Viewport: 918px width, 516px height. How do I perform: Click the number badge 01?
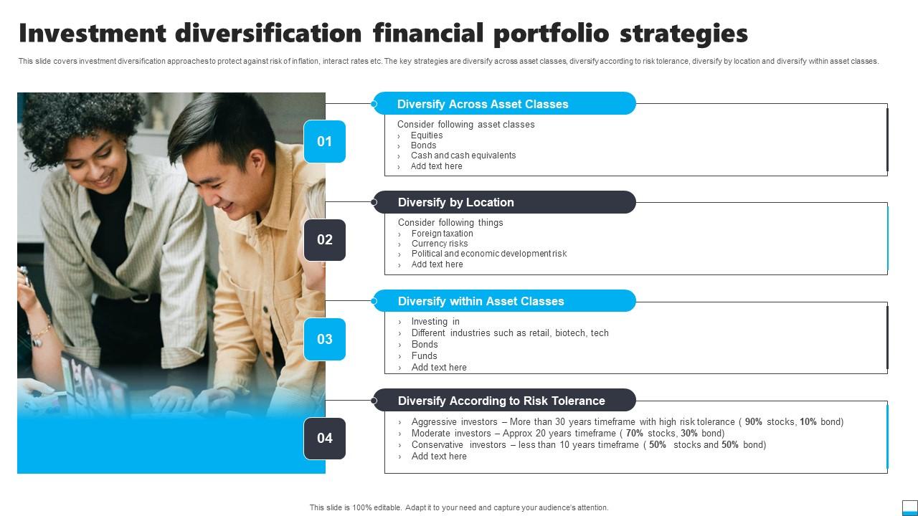[x=324, y=141]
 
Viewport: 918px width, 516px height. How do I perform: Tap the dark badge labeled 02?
[x=324, y=239]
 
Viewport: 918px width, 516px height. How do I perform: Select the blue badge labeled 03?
[x=324, y=339]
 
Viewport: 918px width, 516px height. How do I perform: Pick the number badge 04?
[x=324, y=438]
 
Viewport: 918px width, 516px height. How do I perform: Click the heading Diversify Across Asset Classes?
[x=482, y=104]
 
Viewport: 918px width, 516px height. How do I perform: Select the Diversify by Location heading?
[x=455, y=202]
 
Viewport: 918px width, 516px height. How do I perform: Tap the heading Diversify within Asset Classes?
[x=481, y=301]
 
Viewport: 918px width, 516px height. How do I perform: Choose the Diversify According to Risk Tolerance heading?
[x=501, y=401]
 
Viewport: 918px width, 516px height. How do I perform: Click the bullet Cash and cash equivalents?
[x=463, y=156]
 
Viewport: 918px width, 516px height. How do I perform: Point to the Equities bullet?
[x=426, y=135]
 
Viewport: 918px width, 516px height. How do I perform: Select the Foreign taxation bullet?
[x=442, y=234]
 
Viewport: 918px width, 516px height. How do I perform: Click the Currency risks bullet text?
[x=439, y=244]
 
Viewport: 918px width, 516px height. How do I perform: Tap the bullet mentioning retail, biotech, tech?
[x=509, y=333]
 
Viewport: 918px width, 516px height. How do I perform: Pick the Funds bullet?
[x=424, y=356]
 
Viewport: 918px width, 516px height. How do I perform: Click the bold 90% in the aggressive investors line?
[x=753, y=422]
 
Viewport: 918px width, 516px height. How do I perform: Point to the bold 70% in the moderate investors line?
[x=634, y=434]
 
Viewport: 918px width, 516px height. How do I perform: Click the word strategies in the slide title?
[x=683, y=34]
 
